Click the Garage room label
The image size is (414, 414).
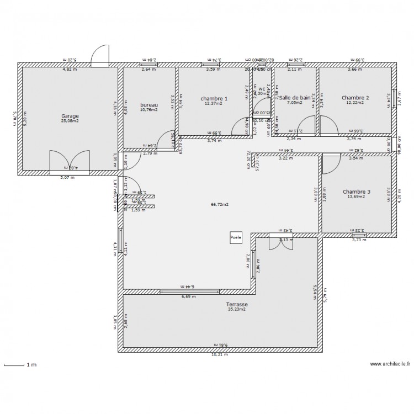coord(70,116)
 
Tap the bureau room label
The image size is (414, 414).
coord(148,104)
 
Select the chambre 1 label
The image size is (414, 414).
coord(213,98)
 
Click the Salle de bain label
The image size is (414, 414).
coord(294,98)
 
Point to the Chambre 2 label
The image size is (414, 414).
coord(355,98)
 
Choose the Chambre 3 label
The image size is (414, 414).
coord(357,192)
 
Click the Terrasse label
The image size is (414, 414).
coord(237,304)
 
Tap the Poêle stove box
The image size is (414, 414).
coord(236,237)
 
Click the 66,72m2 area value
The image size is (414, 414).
coord(219,204)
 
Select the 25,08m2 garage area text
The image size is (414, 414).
coord(70,121)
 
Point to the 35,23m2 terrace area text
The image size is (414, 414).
coord(237,310)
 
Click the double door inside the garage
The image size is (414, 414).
coord(70,161)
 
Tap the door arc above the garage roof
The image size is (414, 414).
coord(100,55)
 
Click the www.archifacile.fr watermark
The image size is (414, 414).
coord(390,364)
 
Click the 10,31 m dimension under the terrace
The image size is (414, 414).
coord(220,355)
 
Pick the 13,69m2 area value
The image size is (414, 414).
coord(357,197)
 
